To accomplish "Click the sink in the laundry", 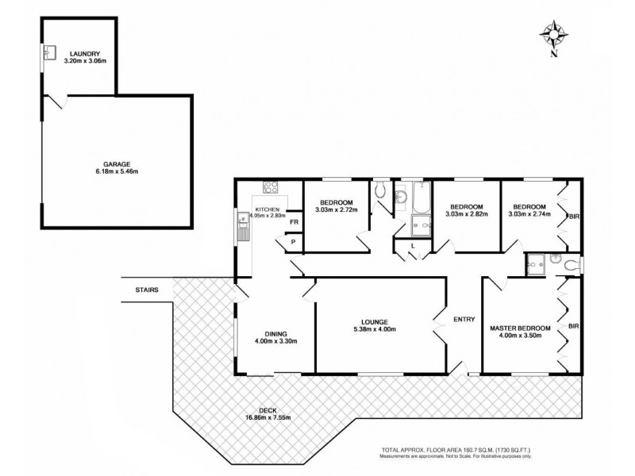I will [48, 55].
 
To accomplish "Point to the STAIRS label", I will [147, 290].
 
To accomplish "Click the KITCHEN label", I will [267, 208].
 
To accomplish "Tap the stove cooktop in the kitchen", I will [271, 188].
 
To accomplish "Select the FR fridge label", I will [293, 223].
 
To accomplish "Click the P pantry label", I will [293, 242].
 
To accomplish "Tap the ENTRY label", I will [464, 320].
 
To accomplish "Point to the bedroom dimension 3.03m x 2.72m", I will [337, 210].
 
